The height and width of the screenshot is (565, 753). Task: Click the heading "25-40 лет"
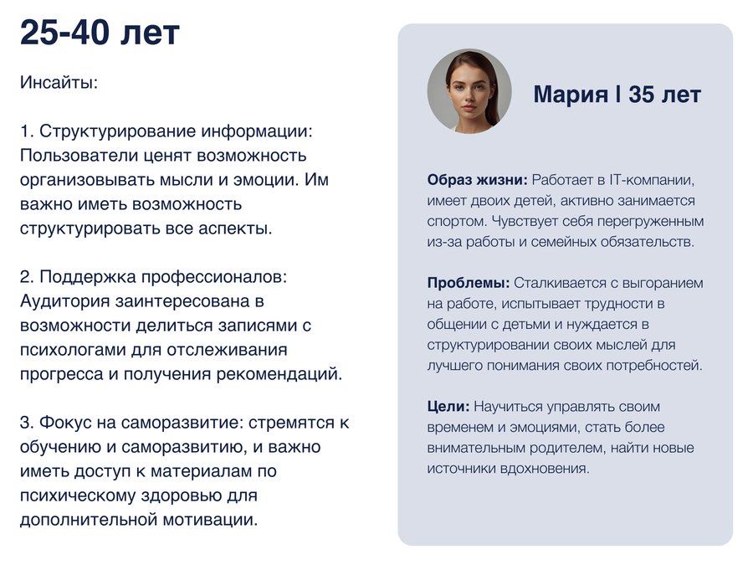[100, 33]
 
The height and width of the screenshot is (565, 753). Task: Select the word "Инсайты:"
[59, 83]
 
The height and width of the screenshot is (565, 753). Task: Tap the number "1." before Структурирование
[27, 131]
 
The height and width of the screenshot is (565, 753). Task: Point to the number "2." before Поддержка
[28, 277]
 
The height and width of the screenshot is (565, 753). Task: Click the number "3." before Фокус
[28, 423]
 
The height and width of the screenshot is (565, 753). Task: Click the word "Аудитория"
[64, 301]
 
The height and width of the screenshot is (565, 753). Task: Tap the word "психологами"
[74, 350]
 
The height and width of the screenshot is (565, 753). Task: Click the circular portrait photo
[469, 91]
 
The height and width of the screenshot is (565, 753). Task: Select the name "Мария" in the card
[571, 94]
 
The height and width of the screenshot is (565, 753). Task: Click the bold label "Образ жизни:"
[478, 180]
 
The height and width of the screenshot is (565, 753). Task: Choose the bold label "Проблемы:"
[469, 283]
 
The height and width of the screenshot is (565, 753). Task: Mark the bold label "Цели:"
[448, 407]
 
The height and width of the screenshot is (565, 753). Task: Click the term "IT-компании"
[652, 180]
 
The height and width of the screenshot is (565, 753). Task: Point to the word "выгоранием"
[663, 284]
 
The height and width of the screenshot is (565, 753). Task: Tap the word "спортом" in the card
[453, 222]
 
